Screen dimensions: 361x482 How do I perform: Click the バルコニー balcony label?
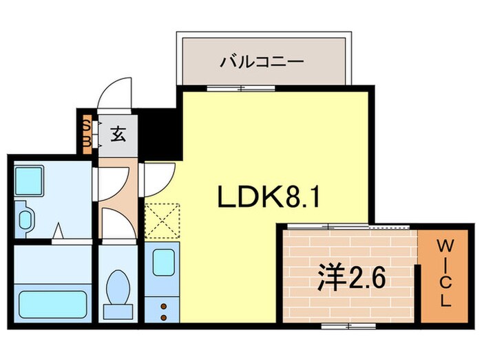(x=262, y=63)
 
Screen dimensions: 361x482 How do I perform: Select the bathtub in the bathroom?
(x=52, y=303)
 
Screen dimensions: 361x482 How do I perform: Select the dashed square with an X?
(x=163, y=220)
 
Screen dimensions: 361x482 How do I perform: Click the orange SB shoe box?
(x=86, y=133)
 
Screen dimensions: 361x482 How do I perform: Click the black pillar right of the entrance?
(x=163, y=131)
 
